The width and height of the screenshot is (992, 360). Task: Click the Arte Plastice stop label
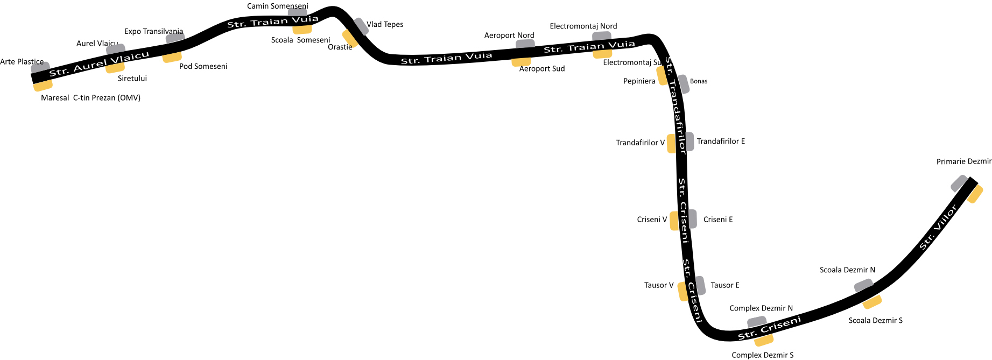pyautogui.click(x=22, y=62)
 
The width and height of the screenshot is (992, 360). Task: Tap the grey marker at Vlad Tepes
pyautogui.click(x=361, y=26)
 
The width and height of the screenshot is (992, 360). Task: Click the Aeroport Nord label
pyautogui.click(x=509, y=36)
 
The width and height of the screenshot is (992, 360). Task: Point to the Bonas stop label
pyautogui.click(x=699, y=81)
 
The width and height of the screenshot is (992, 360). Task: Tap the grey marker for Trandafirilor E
pyautogui.click(x=690, y=142)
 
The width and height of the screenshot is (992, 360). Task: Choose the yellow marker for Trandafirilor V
pyautogui.click(x=671, y=144)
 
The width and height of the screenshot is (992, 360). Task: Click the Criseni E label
pyautogui.click(x=718, y=220)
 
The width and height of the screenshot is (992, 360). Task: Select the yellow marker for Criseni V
pyautogui.click(x=674, y=221)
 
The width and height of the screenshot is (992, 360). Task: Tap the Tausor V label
pyautogui.click(x=659, y=285)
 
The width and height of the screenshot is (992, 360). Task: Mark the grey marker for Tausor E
pyautogui.click(x=700, y=285)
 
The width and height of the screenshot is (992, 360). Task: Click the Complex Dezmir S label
pyautogui.click(x=763, y=355)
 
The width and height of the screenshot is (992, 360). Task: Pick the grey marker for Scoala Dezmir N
pyautogui.click(x=863, y=286)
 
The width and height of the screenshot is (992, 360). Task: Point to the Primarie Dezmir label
pyautogui.click(x=964, y=161)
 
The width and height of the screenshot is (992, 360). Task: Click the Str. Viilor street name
pyautogui.click(x=938, y=228)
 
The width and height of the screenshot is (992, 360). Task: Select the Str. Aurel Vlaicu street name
pyautogui.click(x=99, y=64)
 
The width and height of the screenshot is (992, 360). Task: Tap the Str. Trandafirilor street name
pyautogui.click(x=676, y=105)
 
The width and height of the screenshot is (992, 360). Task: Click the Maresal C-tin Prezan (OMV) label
pyautogui.click(x=90, y=98)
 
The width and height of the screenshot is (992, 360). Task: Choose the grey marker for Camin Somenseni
pyautogui.click(x=297, y=12)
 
